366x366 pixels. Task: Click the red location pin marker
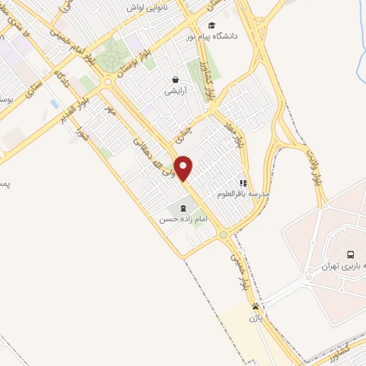[184, 167]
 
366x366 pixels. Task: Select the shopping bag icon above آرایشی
[175, 79]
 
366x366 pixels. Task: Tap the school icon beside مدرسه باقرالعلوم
[243, 184]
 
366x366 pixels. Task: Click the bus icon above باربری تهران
[350, 254]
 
